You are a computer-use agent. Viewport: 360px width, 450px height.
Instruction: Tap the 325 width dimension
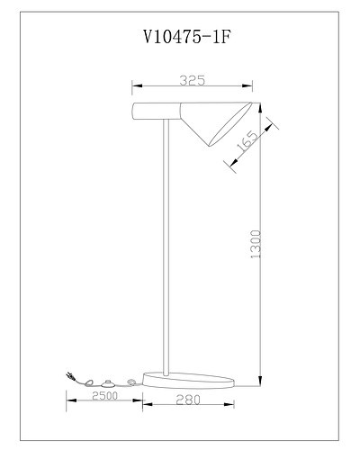tap(191, 80)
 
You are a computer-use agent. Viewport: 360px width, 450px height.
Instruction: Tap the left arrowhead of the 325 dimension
tap(136, 88)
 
